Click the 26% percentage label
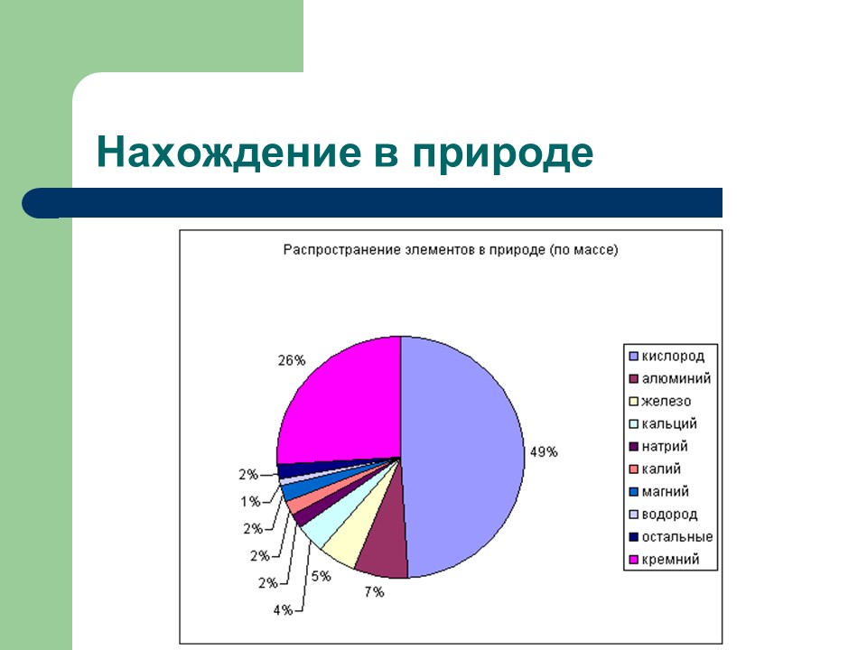(291, 360)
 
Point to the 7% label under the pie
(374, 592)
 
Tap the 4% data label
(283, 610)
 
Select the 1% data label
(250, 501)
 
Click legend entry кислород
(672, 356)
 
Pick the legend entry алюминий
(676, 378)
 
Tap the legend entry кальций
(668, 423)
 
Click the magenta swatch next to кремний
(634, 561)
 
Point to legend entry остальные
(676, 537)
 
